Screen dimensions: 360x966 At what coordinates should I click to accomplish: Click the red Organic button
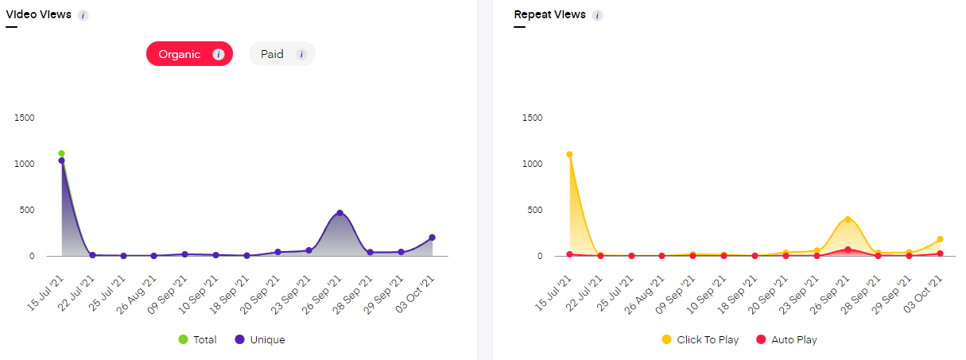pos(189,54)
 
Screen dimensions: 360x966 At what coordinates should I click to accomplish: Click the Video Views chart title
pos(38,14)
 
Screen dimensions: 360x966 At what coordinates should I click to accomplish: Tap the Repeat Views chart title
pos(549,14)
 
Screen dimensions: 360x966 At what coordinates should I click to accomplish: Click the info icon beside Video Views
pos(83,15)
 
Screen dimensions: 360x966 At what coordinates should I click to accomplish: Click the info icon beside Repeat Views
pos(597,15)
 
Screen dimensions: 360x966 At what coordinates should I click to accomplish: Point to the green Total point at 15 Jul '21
pos(61,153)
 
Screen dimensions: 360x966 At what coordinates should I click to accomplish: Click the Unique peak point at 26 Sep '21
pos(339,213)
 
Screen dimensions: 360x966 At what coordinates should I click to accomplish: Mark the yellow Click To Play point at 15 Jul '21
pos(569,154)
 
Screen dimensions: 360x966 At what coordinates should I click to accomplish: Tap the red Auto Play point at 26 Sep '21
pos(848,250)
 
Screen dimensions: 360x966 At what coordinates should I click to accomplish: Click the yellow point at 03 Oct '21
pos(940,239)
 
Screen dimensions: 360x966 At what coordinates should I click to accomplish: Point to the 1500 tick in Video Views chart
pos(25,118)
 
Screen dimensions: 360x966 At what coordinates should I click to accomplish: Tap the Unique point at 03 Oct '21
pos(432,238)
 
